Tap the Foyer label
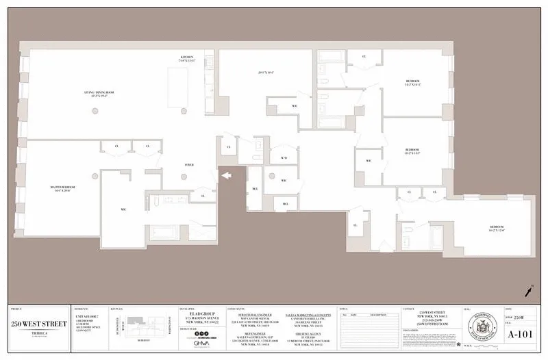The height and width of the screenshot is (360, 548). coord(188,164)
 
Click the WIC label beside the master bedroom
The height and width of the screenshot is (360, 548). coord(123,209)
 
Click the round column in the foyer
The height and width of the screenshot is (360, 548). coord(184,177)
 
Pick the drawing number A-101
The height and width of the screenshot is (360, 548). coord(521,335)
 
